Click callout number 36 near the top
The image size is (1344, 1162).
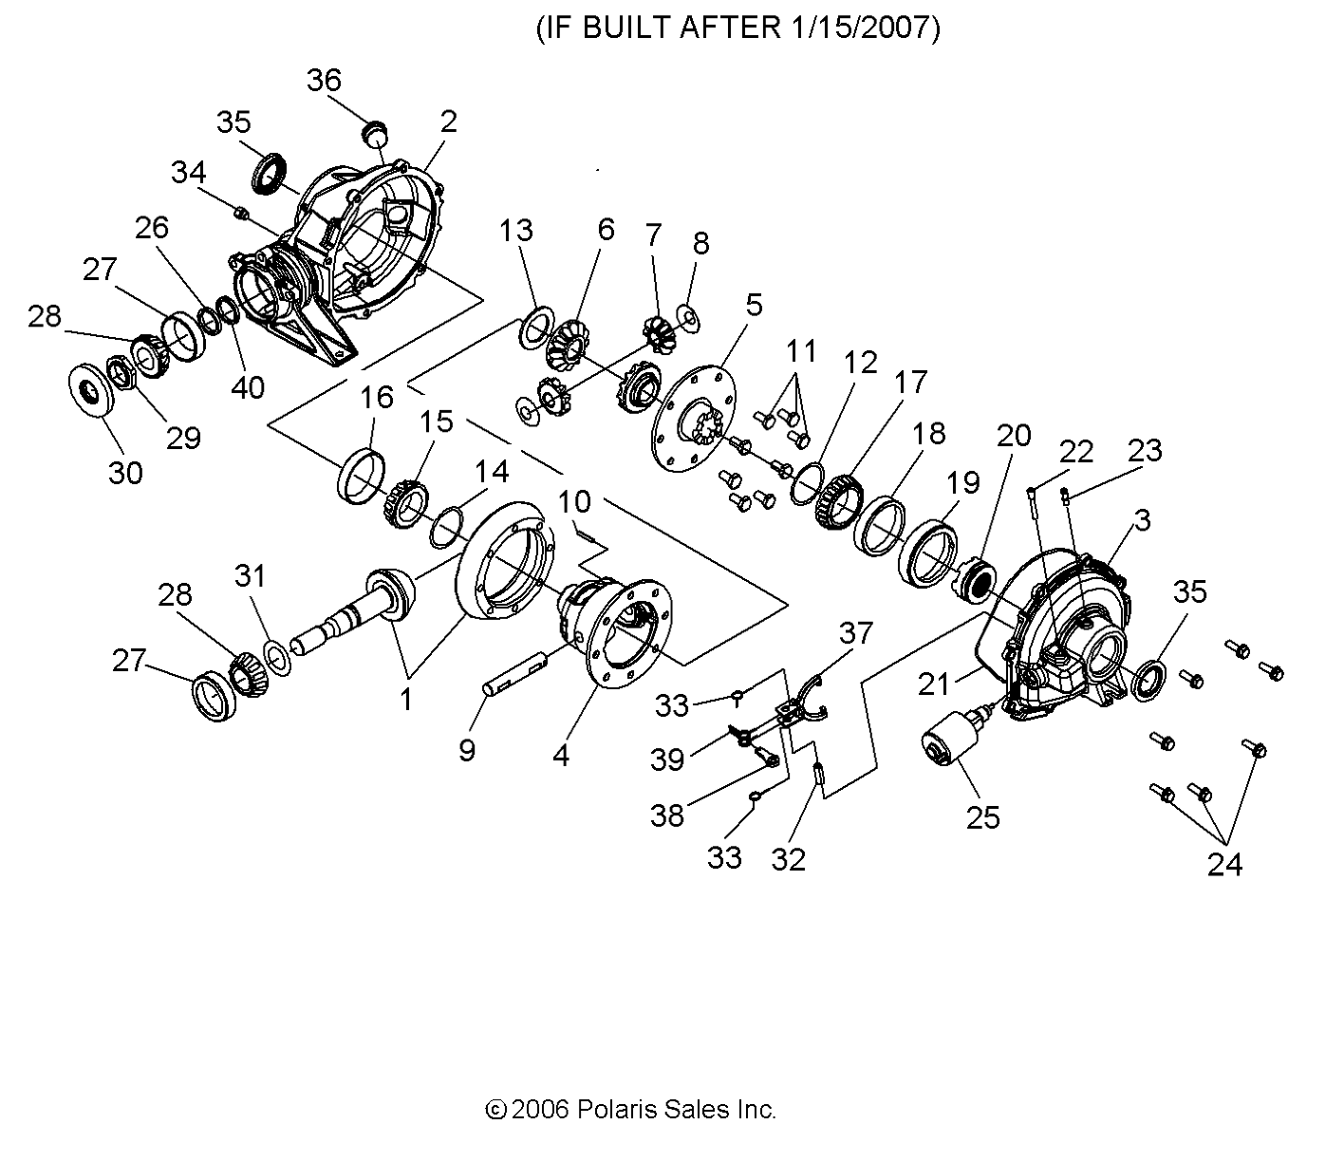tap(324, 81)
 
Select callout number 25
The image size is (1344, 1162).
tap(983, 816)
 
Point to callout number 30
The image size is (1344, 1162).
tap(125, 472)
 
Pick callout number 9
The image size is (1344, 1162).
tap(467, 750)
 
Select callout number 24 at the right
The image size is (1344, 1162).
tap(1224, 863)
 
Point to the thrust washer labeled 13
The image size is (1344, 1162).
tap(534, 328)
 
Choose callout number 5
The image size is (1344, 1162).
tap(753, 305)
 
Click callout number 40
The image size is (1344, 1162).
tap(249, 387)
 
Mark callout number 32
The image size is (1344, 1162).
tap(789, 859)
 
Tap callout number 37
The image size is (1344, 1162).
tap(855, 632)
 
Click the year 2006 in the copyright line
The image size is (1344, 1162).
tap(539, 1109)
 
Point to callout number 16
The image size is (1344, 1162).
tap(377, 397)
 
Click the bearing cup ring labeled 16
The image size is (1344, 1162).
tap(362, 476)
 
